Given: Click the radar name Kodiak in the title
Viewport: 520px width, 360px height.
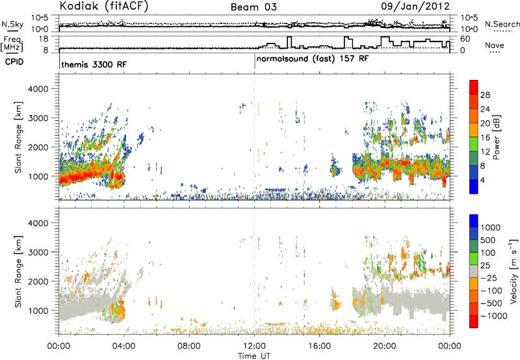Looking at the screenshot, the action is (x=80, y=6).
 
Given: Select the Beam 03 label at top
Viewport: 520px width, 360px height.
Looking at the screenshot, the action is (x=253, y=7).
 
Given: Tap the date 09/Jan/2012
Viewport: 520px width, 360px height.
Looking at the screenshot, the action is (x=415, y=6).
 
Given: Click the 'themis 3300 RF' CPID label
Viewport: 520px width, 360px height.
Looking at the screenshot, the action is (x=94, y=64).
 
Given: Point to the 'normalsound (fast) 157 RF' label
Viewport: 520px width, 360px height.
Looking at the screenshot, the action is (x=313, y=59).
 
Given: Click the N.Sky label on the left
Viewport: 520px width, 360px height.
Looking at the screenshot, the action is (x=12, y=24).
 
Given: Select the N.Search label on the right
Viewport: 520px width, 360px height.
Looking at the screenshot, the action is (x=502, y=24).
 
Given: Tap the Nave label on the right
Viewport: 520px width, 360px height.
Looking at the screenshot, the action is (x=495, y=45).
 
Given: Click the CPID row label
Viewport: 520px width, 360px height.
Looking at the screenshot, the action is (x=14, y=62).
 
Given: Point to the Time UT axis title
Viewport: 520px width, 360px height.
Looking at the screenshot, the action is (x=254, y=356).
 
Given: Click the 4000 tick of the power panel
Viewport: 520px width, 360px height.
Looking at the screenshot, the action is (x=38, y=89).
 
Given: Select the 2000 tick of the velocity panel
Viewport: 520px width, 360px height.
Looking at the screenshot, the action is (x=38, y=281).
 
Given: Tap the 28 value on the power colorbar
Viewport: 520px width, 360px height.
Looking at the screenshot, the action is (x=485, y=95).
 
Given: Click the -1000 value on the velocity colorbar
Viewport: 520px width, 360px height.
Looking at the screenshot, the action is (x=493, y=316).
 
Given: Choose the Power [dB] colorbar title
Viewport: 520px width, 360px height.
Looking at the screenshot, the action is (x=497, y=137).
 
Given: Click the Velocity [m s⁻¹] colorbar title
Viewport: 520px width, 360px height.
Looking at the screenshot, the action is (x=513, y=271).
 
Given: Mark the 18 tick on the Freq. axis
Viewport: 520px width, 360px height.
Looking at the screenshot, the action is (x=44, y=39).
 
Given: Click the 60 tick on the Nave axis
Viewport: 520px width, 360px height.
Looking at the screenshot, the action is (x=465, y=39).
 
